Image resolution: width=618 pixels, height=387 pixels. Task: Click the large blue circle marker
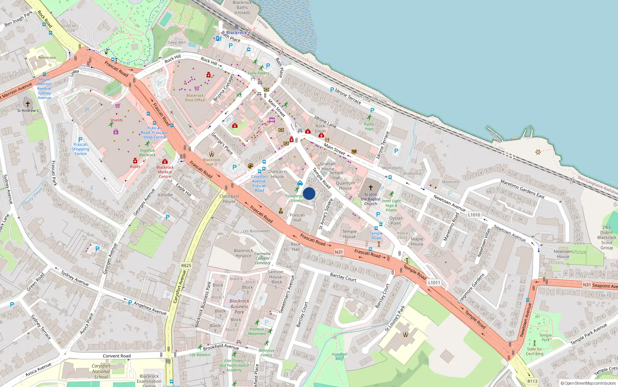coord(309,193)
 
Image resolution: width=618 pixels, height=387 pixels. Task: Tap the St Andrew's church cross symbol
coord(27,104)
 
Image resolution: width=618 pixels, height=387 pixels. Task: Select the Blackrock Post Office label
coord(195,98)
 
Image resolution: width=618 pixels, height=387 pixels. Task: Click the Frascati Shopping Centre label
coord(80,149)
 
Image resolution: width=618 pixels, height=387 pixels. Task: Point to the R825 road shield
coord(186,265)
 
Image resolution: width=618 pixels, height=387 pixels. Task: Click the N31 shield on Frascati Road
coord(339,252)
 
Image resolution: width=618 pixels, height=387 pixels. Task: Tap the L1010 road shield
coord(474,215)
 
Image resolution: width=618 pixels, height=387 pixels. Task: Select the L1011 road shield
coord(434,283)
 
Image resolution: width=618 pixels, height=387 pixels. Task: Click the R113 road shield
coord(532,381)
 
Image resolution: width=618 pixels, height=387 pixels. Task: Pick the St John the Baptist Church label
coord(370,199)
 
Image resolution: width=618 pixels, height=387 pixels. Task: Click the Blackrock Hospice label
coord(243,253)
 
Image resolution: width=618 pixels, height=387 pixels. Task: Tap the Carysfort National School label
coord(101,371)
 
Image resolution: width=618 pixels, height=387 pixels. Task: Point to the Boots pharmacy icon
coord(135,161)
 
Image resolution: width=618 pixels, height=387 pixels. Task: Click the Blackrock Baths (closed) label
coord(242,7)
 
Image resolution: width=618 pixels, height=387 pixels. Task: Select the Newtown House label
coord(563,254)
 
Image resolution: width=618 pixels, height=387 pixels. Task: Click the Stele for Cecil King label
coord(535,351)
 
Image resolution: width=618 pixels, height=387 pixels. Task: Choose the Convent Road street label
coord(117,356)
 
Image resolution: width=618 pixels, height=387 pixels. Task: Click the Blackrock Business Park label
coord(239,306)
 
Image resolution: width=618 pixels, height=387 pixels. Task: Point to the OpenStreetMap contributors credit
coord(588,383)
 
